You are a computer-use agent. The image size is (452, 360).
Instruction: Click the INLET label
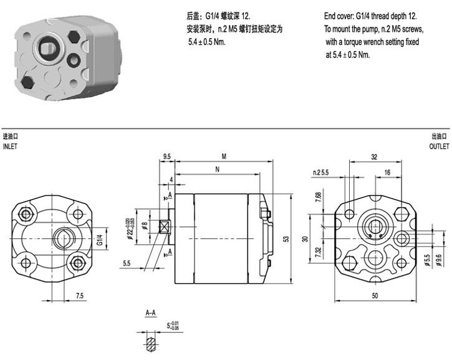[x=10, y=147]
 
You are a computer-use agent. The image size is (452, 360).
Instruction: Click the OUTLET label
[x=439, y=147]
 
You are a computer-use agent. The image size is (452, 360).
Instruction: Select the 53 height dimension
[x=286, y=239]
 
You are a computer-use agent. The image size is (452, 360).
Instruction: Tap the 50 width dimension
[x=375, y=296]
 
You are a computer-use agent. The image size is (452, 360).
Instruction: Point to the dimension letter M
[x=224, y=157]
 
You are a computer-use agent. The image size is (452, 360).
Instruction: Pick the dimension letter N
[x=218, y=169]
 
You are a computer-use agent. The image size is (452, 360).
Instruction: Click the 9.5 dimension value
[x=167, y=157]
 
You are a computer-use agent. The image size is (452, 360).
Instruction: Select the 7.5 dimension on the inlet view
[x=80, y=296]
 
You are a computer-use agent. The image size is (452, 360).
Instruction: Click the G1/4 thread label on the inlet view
[x=100, y=240]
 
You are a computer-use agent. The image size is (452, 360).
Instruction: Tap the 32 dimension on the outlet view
[x=374, y=157]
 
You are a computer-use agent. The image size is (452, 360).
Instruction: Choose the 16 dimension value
[x=387, y=172]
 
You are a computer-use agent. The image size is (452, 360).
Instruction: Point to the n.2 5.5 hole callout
[x=321, y=172]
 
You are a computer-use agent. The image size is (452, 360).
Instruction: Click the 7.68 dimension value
[x=318, y=197]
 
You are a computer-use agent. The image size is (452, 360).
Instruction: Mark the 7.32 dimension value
[x=318, y=253]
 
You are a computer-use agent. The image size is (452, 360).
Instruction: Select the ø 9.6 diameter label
[x=439, y=260]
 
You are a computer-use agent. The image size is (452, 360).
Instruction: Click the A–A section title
[x=151, y=313]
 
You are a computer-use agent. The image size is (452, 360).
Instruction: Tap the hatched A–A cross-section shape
[x=151, y=345]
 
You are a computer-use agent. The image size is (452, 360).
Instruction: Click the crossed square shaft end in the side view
[x=165, y=226]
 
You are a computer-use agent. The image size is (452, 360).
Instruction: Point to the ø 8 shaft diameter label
[x=145, y=225]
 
